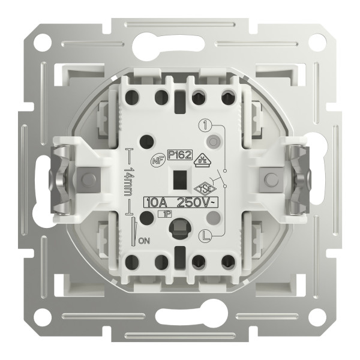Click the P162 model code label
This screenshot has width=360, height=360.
180,156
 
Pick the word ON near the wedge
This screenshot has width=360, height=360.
143,241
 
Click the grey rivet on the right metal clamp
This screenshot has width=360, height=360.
271,179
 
